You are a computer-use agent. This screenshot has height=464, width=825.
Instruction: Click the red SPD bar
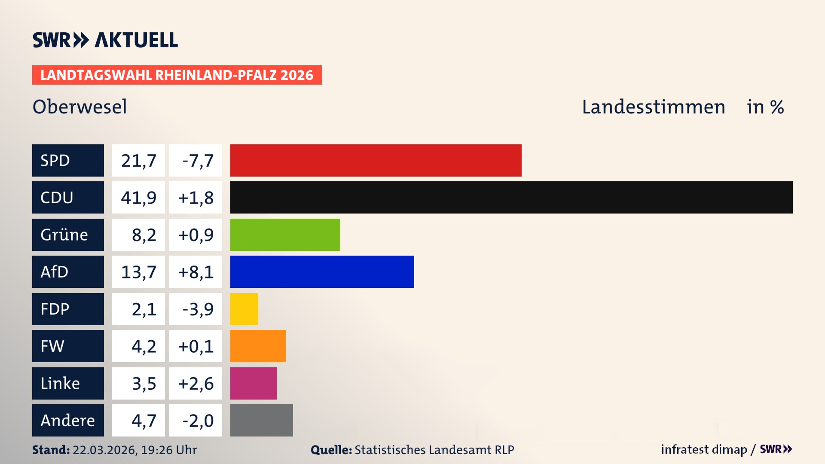click(x=376, y=160)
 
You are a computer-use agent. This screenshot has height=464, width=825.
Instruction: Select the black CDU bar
click(x=511, y=197)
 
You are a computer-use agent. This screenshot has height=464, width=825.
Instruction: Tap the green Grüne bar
click(x=285, y=235)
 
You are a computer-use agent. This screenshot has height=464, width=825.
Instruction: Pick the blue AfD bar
click(x=322, y=272)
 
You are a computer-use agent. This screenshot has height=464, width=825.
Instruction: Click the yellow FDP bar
click(x=244, y=309)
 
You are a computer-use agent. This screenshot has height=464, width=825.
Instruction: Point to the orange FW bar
click(x=258, y=346)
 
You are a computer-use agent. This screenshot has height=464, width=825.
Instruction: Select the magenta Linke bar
click(x=254, y=383)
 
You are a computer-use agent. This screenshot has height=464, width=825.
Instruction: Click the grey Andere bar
click(x=261, y=420)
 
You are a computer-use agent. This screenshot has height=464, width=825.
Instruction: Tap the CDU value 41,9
click(x=138, y=198)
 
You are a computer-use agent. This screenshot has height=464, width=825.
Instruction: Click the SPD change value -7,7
click(x=196, y=161)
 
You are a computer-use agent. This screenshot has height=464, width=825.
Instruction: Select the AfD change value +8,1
click(x=196, y=272)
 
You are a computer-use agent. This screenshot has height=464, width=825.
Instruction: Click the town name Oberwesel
click(x=80, y=107)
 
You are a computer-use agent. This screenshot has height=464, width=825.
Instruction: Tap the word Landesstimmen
click(x=653, y=107)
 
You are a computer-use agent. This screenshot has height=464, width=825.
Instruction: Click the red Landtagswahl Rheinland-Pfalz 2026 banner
click(x=177, y=75)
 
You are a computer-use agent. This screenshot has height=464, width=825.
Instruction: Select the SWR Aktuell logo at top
click(x=105, y=40)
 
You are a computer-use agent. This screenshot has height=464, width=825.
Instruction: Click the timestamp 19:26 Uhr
click(x=168, y=450)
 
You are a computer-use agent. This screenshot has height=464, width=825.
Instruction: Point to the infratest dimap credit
click(x=703, y=449)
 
